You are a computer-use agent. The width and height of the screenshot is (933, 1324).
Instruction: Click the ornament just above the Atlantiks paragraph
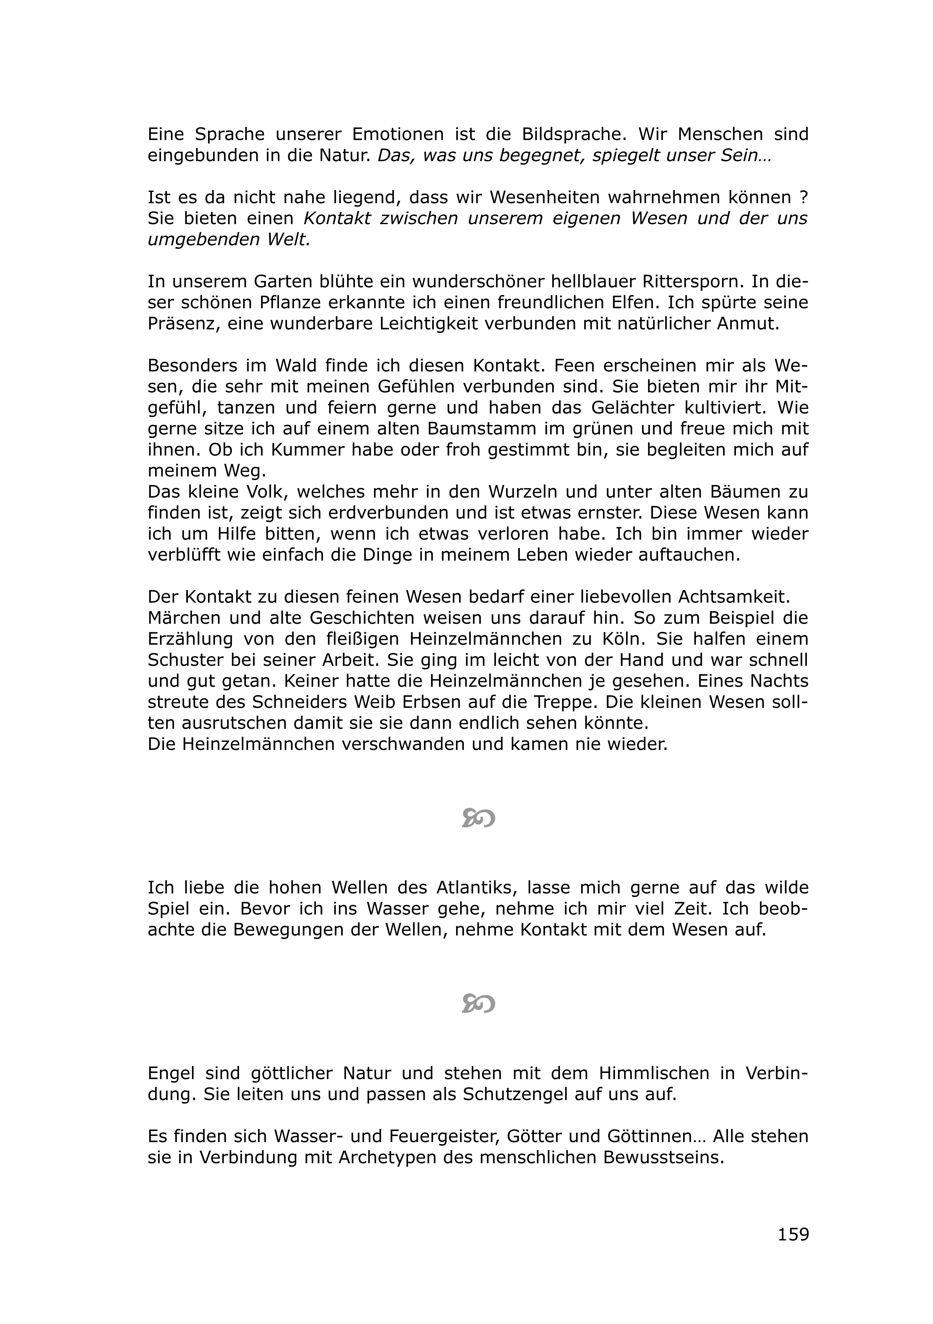click(x=478, y=818)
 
